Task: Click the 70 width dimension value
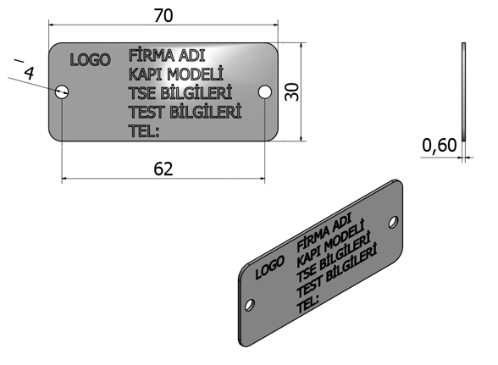click(x=163, y=15)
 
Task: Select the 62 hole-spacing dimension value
click(x=163, y=169)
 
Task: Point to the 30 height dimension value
click(x=292, y=91)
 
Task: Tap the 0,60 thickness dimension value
click(x=440, y=146)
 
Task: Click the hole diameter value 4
click(x=29, y=74)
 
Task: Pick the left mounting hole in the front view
click(x=62, y=91)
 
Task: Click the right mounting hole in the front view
click(x=264, y=91)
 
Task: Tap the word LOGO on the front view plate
click(x=90, y=60)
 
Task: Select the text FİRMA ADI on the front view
click(x=167, y=55)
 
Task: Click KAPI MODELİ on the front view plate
click(x=176, y=74)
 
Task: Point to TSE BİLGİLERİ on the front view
click(x=180, y=92)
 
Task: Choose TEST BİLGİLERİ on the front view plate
click(x=185, y=112)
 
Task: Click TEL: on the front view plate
click(x=144, y=130)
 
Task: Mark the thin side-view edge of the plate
click(x=463, y=91)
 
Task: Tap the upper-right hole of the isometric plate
click(x=393, y=222)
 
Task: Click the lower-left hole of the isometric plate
click(x=249, y=305)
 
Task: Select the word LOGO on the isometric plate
click(x=269, y=268)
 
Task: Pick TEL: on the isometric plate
click(x=307, y=304)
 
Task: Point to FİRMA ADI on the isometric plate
click(x=324, y=232)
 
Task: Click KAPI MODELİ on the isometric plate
click(x=330, y=244)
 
